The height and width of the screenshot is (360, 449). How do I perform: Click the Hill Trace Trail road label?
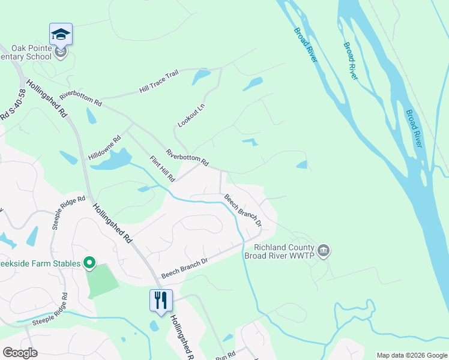tap(158, 82)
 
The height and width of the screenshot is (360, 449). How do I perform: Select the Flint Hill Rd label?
tap(162, 169)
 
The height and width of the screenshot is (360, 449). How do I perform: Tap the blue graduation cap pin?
tap(61, 34)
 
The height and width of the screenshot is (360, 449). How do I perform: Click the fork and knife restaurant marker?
tap(161, 300)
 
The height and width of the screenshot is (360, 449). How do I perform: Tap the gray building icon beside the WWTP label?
tap(324, 250)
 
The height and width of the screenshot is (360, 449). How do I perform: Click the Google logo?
tap(20, 353)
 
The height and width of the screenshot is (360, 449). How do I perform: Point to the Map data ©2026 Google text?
tap(411, 355)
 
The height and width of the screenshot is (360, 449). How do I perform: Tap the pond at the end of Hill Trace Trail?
tap(200, 77)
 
